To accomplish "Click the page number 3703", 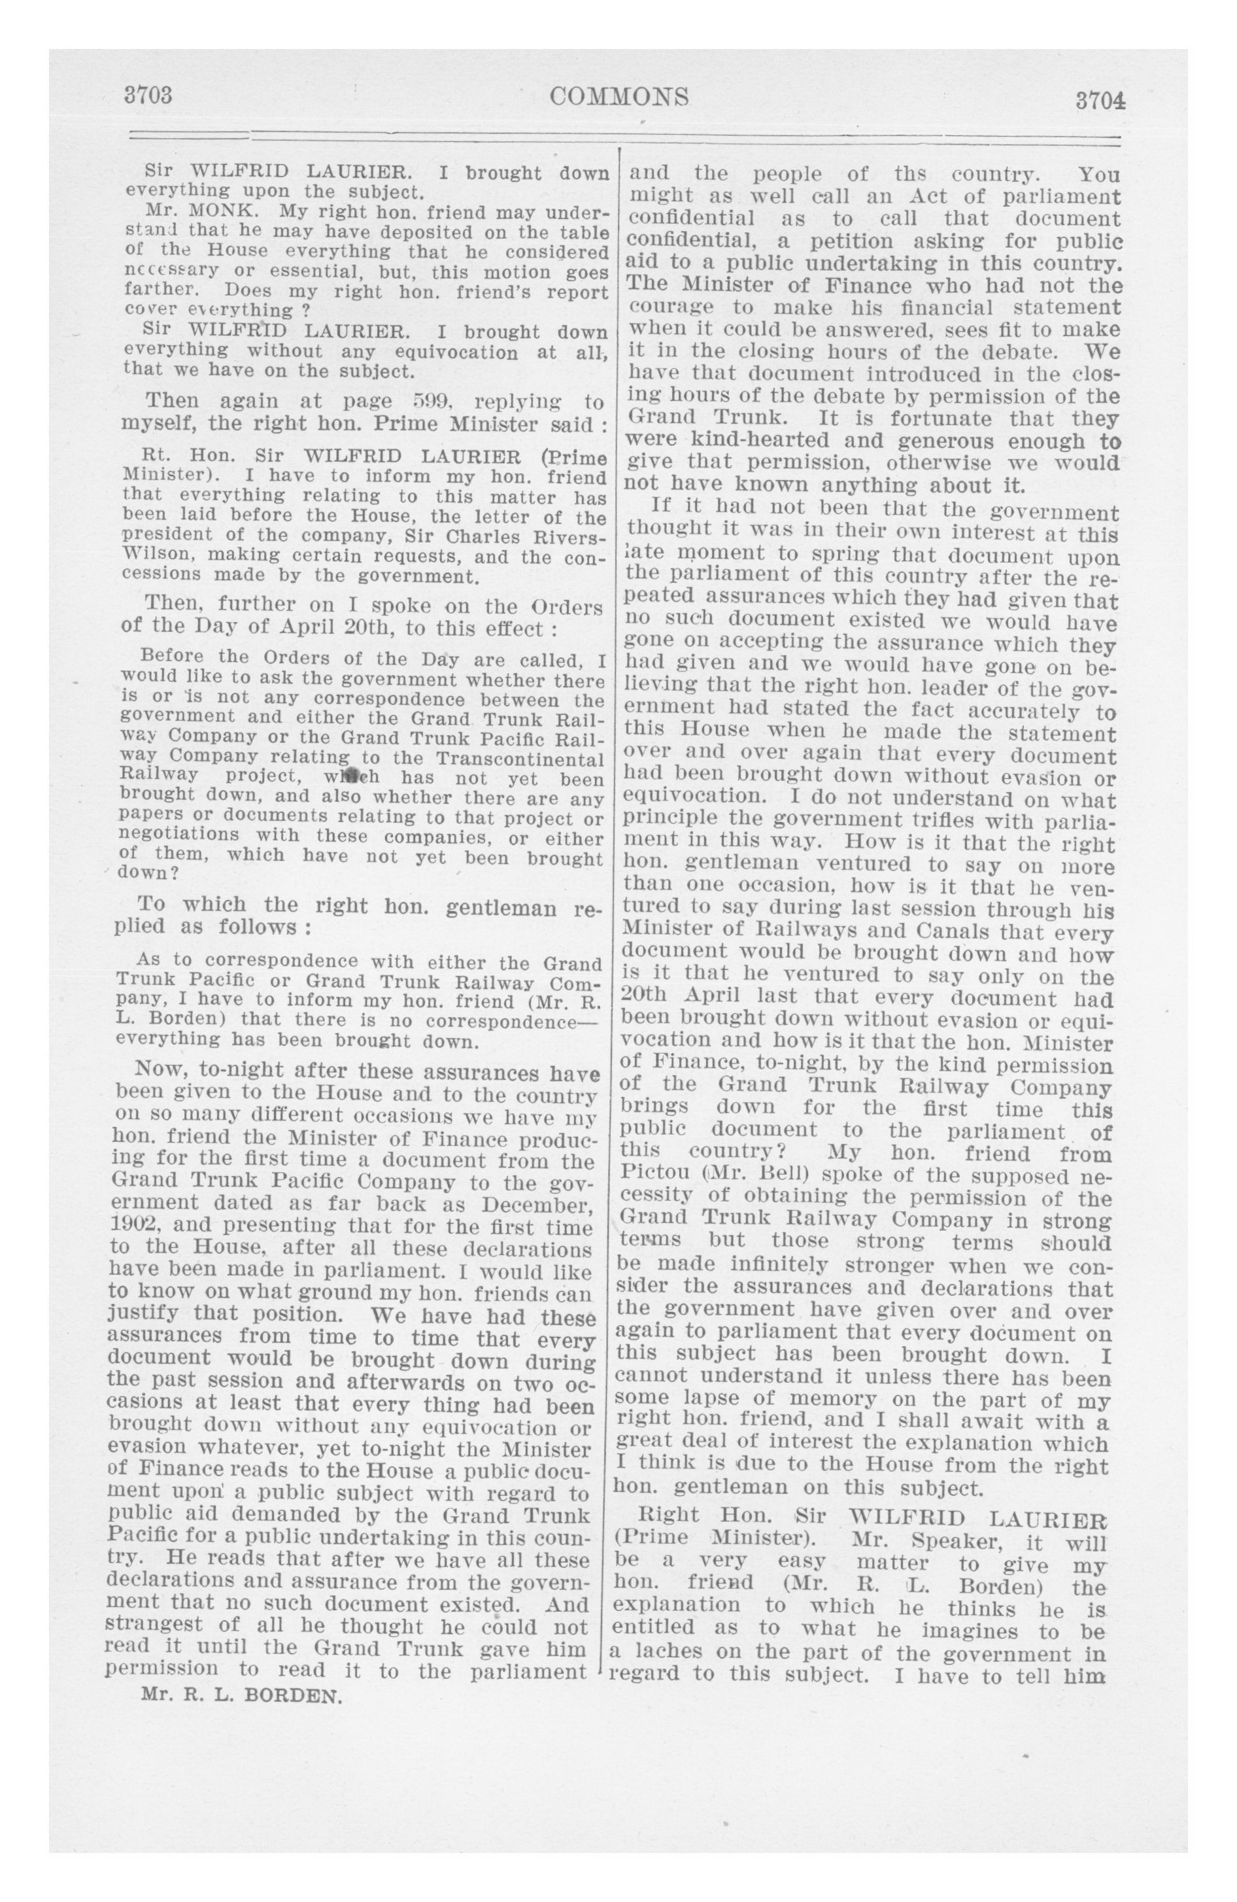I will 148,96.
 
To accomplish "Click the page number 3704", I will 1100,101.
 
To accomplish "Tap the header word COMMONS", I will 619,97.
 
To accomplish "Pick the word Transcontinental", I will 520,757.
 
